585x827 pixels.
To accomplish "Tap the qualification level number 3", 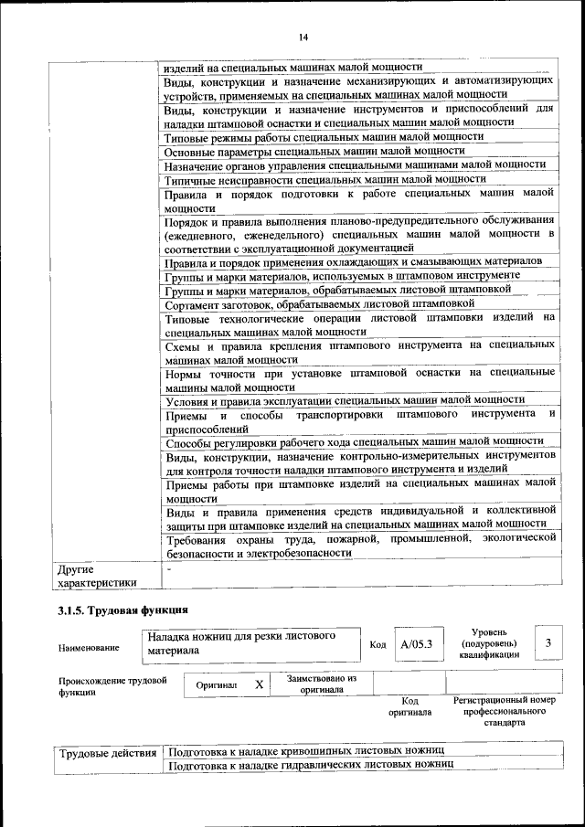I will [548, 643].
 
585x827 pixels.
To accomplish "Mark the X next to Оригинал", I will [260, 684].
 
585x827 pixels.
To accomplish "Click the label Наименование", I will [89, 648].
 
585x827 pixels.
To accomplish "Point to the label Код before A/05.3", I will [378, 644].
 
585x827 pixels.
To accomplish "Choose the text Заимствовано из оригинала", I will [321, 684].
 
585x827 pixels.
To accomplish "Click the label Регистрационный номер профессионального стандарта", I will [504, 710].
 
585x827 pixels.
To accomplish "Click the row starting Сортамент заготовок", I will [320, 303].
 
